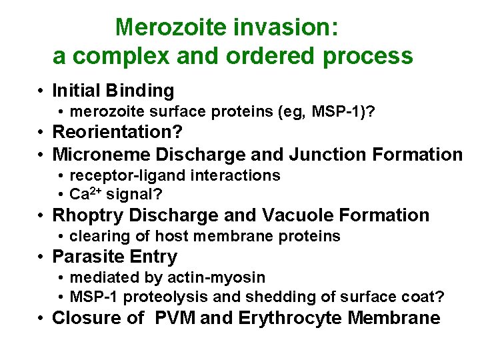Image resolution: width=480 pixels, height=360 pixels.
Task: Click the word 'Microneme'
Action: click(x=101, y=155)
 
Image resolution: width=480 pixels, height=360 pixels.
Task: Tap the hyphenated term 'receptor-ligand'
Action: click(x=122, y=175)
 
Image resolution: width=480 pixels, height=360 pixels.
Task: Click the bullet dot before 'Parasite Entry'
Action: click(x=41, y=257)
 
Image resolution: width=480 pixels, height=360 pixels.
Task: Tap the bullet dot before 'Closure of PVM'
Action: click(x=41, y=319)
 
